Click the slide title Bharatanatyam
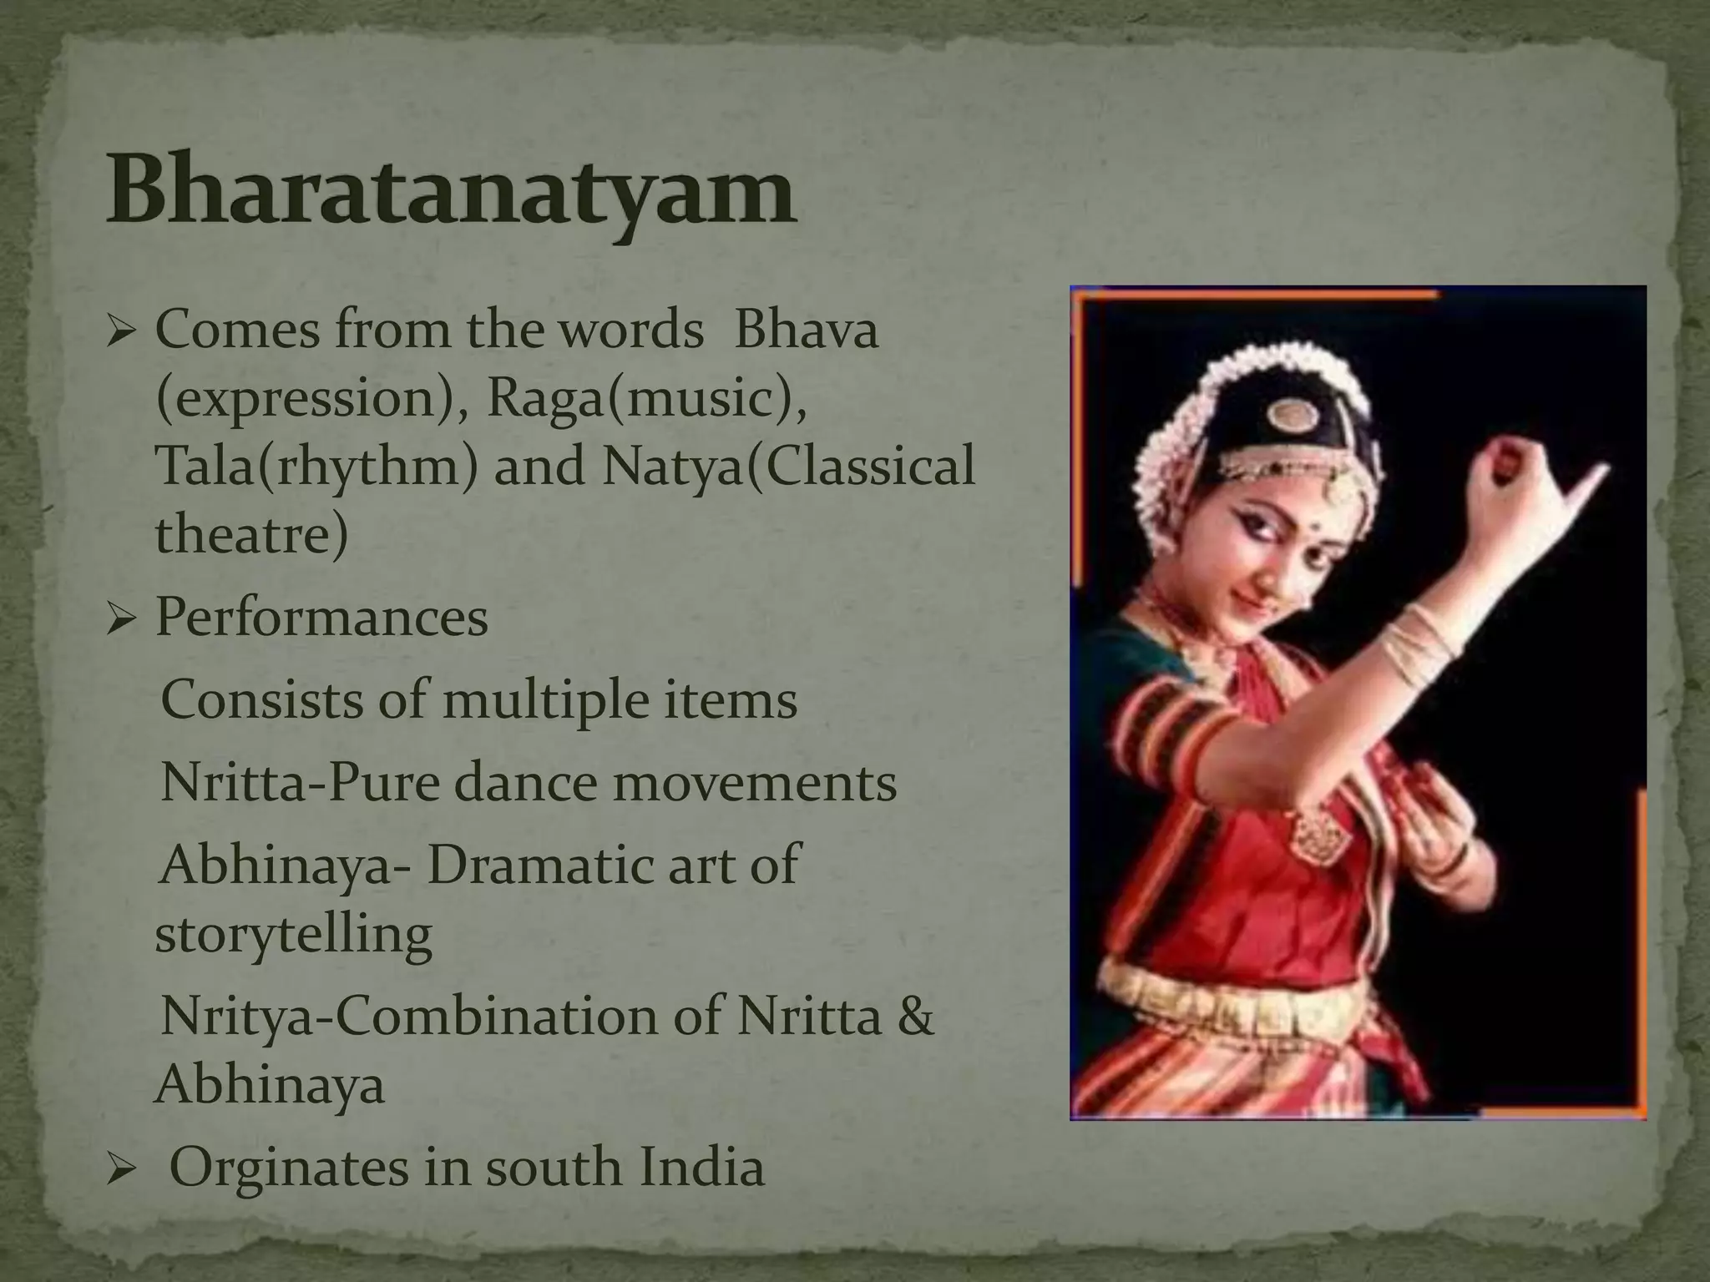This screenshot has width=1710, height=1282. point(451,194)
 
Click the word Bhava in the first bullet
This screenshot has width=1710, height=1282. point(806,330)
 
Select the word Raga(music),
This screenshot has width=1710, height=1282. point(646,398)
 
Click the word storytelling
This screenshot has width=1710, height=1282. point(293,935)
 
